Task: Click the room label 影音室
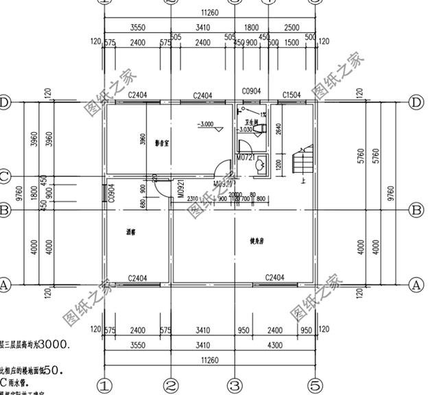(x=162, y=143)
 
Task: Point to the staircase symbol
(x=300, y=163)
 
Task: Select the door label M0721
(x=246, y=158)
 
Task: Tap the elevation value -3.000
(x=205, y=125)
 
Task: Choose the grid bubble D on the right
(x=416, y=102)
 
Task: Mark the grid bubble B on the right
(x=416, y=210)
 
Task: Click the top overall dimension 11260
(x=210, y=12)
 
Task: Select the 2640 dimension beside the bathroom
(x=278, y=128)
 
